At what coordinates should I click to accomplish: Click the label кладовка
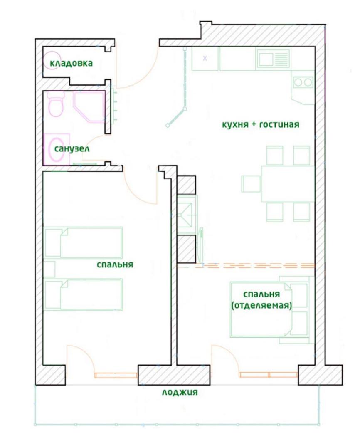tap(71, 63)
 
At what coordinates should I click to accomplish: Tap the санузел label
tap(72, 149)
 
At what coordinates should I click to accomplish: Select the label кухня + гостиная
tap(261, 124)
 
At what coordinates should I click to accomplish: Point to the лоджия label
tap(180, 392)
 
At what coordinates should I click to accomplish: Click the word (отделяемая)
tap(261, 305)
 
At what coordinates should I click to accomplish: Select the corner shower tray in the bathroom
tap(89, 107)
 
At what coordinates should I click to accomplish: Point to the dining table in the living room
tap(288, 184)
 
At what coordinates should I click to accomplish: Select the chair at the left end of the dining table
tap(251, 184)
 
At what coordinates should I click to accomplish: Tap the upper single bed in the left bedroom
tap(83, 243)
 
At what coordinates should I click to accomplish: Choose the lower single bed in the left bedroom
tap(83, 294)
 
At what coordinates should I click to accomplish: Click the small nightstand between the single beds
tap(49, 269)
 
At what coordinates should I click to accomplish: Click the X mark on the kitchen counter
tap(205, 58)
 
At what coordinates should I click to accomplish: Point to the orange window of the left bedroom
tap(116, 375)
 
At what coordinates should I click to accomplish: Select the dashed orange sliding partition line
tap(255, 265)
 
